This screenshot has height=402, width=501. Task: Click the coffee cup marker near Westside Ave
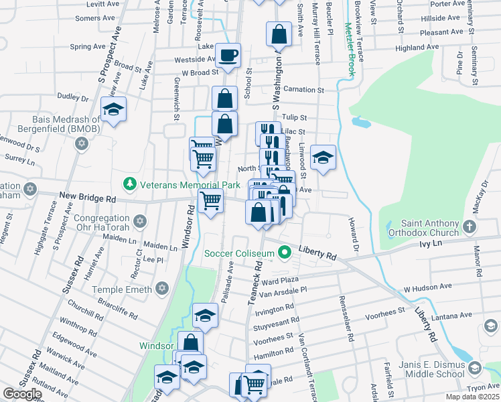click(228, 55)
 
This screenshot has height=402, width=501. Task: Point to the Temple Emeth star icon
click(161, 289)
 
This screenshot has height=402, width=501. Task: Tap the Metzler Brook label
click(349, 48)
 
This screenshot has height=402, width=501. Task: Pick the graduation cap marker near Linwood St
click(323, 157)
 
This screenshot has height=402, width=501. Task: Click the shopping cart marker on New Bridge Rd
click(211, 200)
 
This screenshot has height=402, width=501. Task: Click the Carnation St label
click(303, 89)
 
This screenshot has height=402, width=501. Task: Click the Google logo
click(21, 394)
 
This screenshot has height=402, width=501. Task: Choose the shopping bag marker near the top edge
click(279, 34)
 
